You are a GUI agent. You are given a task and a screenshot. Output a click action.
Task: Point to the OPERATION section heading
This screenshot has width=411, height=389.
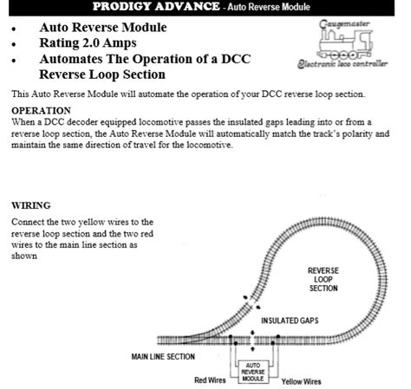click(x=41, y=111)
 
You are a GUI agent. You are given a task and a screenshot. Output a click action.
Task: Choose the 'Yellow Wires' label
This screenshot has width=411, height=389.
click(x=300, y=380)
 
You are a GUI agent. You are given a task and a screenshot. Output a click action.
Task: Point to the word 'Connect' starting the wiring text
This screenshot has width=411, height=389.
click(x=28, y=223)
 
